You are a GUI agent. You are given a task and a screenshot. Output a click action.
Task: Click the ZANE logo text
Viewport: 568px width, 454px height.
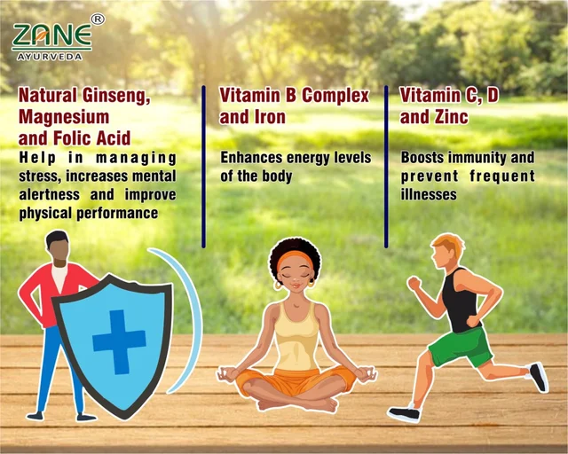(51, 35)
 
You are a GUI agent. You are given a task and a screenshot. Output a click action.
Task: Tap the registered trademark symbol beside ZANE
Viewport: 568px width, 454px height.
(98, 20)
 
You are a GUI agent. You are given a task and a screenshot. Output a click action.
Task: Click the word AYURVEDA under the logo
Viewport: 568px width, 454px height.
(50, 57)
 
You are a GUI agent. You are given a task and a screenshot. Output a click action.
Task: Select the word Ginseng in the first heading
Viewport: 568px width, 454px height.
(116, 96)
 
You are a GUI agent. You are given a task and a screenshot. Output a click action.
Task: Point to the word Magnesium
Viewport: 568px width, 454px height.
(64, 117)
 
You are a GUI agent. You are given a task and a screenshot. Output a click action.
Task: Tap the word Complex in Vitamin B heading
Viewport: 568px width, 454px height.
(335, 96)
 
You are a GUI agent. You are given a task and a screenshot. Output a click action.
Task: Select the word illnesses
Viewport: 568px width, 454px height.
(428, 194)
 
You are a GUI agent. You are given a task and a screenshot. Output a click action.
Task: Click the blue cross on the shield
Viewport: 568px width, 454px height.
(119, 341)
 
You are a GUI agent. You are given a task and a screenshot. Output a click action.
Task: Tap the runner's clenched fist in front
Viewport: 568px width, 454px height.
(414, 283)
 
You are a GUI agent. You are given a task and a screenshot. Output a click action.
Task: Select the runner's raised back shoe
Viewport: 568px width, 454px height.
(539, 377)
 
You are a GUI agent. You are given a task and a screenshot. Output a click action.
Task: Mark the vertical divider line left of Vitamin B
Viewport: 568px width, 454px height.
(203, 167)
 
